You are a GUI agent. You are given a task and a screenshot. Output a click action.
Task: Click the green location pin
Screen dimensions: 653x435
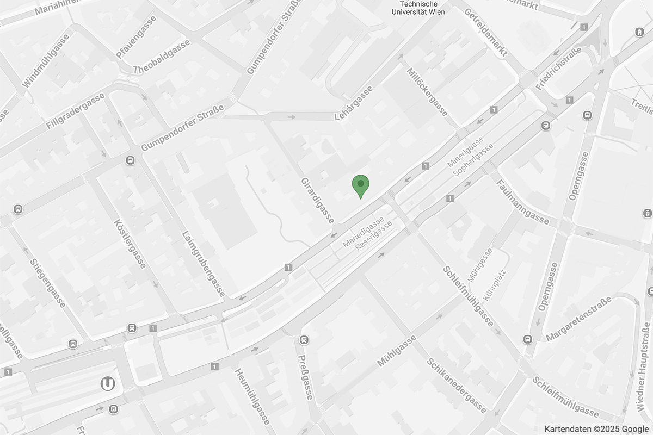360,187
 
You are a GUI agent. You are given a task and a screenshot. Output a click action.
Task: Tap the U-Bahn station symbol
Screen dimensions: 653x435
108,384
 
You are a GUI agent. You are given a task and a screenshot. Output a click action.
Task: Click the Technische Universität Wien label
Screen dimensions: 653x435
418,8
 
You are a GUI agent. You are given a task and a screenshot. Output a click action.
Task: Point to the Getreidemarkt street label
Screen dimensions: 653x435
486,32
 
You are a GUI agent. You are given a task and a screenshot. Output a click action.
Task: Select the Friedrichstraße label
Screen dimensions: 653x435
559,68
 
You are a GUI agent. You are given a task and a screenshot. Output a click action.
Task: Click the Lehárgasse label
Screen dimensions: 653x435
354,103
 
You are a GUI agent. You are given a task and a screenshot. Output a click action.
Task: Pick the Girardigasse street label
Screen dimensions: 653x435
318,200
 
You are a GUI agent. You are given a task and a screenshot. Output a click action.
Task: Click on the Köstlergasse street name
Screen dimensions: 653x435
131,244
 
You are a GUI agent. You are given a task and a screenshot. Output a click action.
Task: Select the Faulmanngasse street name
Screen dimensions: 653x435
522,202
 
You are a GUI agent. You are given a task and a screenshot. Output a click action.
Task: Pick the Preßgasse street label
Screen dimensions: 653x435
305,377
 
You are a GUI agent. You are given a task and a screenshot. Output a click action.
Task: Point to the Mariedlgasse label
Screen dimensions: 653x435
364,232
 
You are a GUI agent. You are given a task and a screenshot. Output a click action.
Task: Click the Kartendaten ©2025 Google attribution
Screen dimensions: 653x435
596,429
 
